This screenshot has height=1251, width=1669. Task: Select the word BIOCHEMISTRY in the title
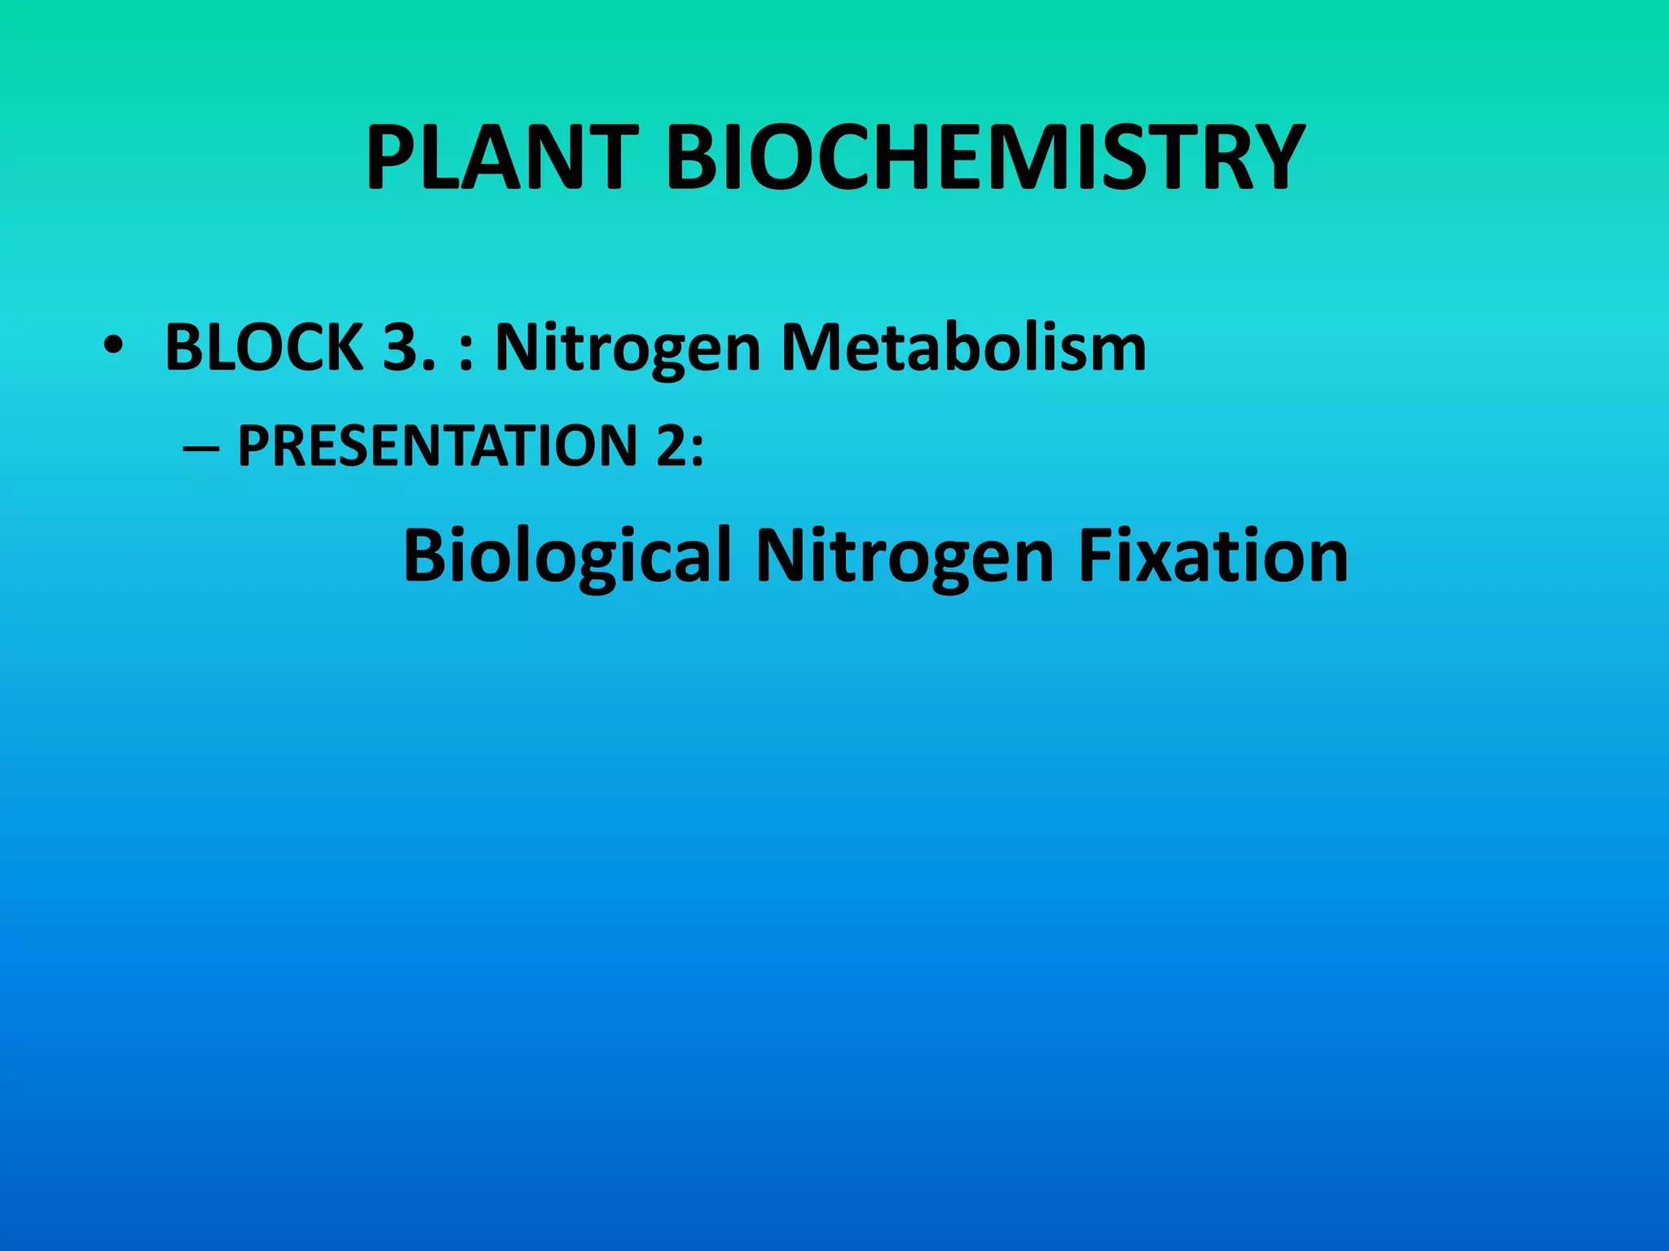[x=985, y=158]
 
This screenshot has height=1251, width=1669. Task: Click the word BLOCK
[x=263, y=348]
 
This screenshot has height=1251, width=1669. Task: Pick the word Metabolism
[x=963, y=348]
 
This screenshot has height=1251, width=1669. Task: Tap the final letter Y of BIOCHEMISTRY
[x=1266, y=158]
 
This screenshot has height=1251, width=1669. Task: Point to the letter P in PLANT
[x=393, y=158]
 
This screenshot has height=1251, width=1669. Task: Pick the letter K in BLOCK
[x=343, y=348]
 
